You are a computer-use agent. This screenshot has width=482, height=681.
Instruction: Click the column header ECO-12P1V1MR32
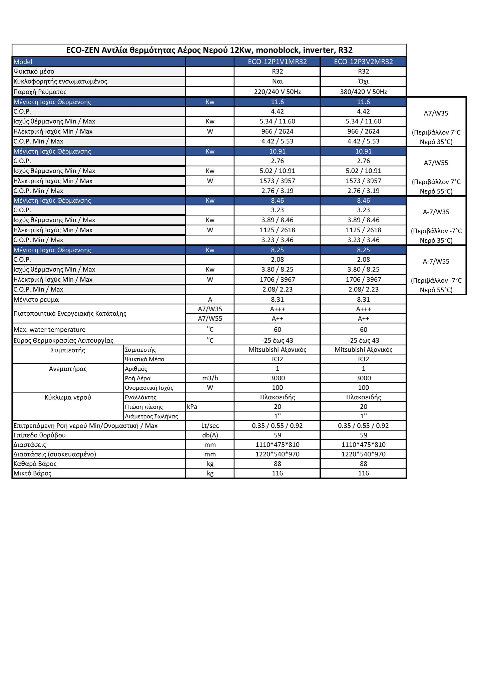point(277,62)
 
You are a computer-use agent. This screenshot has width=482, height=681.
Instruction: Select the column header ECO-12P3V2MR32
point(363,62)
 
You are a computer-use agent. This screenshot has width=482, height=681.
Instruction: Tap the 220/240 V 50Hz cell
point(277,92)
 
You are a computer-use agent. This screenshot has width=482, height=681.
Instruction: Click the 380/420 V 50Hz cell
point(363,92)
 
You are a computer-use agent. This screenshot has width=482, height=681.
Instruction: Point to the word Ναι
point(277,81)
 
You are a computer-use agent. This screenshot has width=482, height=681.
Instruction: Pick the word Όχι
point(363,81)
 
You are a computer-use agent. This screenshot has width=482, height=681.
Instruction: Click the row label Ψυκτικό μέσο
point(34,71)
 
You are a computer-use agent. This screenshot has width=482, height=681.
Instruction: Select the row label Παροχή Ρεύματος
point(40,92)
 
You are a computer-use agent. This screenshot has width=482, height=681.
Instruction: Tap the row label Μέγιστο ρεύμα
point(36,299)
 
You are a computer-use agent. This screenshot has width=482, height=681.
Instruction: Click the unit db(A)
point(210,435)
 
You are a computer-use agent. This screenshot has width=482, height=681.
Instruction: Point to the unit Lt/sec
point(210,426)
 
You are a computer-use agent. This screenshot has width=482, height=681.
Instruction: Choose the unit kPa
point(192,407)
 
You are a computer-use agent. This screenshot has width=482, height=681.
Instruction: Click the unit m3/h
point(210,378)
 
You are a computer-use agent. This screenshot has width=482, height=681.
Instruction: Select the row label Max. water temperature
point(49,330)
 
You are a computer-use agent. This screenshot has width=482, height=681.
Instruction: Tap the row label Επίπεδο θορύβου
point(39,435)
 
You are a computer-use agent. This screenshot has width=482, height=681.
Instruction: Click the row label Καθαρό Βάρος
point(35,464)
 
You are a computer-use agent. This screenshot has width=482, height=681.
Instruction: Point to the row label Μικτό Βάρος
point(32,473)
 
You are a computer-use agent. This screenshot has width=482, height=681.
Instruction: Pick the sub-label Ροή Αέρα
point(138,378)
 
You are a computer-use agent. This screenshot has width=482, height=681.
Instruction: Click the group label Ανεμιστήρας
point(68,369)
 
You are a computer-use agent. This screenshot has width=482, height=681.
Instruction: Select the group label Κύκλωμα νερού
point(68,397)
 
